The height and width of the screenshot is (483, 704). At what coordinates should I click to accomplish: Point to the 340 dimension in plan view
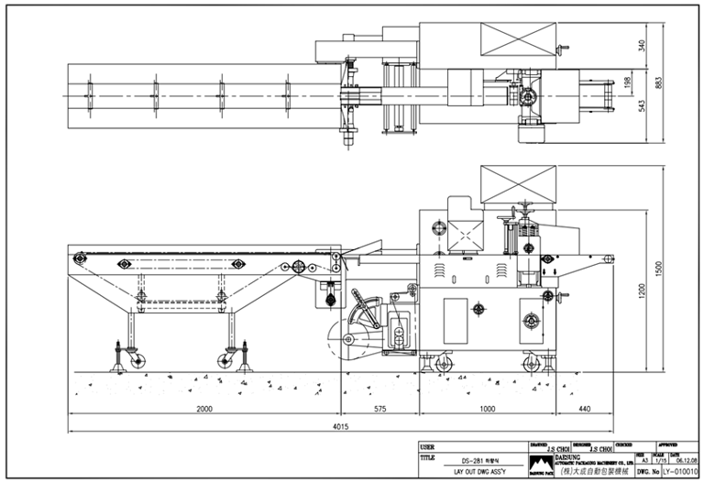(643, 43)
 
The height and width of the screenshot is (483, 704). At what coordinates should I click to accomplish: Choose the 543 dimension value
(643, 106)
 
